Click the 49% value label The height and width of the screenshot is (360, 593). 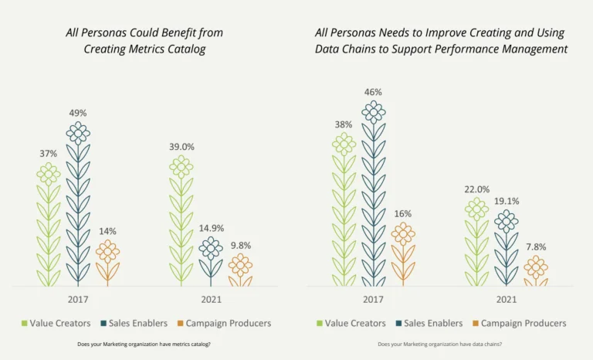click(x=78, y=113)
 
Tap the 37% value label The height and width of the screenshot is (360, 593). click(x=49, y=154)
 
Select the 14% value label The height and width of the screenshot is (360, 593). click(x=107, y=231)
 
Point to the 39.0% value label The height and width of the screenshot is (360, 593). click(x=181, y=147)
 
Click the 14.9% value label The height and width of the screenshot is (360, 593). click(x=211, y=228)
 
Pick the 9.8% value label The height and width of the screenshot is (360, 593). click(x=240, y=245)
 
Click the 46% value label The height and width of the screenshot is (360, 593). click(x=373, y=92)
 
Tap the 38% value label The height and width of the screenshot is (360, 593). click(x=344, y=124)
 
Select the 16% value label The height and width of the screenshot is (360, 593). click(x=402, y=213)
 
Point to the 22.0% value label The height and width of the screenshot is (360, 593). click(x=476, y=189)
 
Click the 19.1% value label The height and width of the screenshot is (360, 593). click(x=506, y=201)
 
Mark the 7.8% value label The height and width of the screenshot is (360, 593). click(x=535, y=247)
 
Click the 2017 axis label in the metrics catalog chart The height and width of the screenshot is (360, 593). click(x=78, y=299)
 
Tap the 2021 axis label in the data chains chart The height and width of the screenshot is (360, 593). click(x=506, y=299)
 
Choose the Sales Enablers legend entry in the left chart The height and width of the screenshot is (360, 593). click(x=134, y=323)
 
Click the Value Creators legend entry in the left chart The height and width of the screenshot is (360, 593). click(x=56, y=323)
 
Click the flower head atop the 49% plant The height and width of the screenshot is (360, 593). click(x=78, y=133)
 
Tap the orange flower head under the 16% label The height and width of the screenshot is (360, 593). click(x=402, y=233)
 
